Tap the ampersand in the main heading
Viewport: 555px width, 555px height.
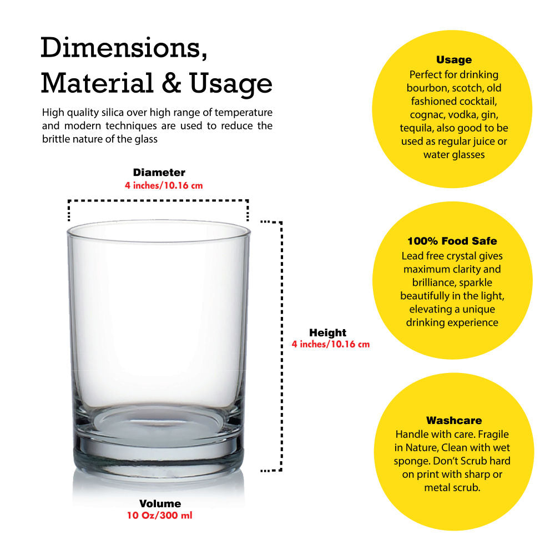tap(171, 84)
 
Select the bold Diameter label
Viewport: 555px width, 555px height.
tap(159, 173)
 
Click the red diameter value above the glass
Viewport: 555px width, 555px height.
tap(164, 185)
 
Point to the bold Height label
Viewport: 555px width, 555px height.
tap(328, 332)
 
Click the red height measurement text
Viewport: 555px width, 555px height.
tap(331, 345)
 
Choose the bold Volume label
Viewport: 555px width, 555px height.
tap(160, 504)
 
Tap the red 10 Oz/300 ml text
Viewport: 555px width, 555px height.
tap(160, 516)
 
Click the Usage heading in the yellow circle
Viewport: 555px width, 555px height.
tap(454, 60)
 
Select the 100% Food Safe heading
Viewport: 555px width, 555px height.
tap(452, 241)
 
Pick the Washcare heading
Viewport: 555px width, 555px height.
tap(454, 421)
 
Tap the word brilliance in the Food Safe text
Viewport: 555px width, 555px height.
tap(430, 282)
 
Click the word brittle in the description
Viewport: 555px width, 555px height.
tap(56, 139)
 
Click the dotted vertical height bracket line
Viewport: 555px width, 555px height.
tap(281, 346)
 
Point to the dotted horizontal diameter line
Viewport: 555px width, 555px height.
tap(158, 201)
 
